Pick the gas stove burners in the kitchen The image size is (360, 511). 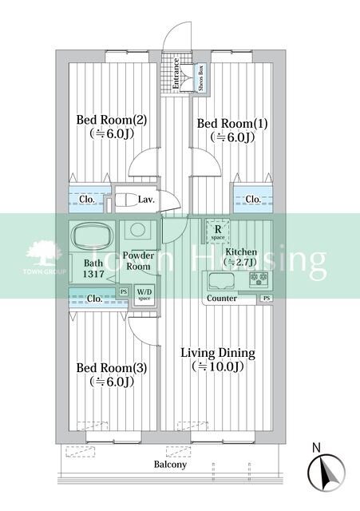pos(259,279)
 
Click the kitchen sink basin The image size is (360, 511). pos(222,281)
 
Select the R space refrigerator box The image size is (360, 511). pos(218,232)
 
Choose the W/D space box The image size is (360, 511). pos(144,295)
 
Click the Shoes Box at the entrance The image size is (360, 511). pos(200,78)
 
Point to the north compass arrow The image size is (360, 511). pos(326,470)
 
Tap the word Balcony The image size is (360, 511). pos(170,465)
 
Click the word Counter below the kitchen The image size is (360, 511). pos(222,298)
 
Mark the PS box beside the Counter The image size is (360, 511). pos(267,298)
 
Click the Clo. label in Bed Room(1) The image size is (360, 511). pos(253,199)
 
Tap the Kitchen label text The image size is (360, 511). pos(241,252)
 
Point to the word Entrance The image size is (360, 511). pos(176,73)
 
